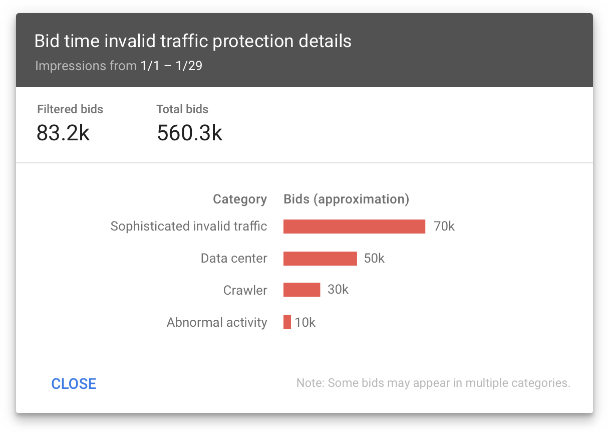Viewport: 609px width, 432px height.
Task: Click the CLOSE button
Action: (x=74, y=383)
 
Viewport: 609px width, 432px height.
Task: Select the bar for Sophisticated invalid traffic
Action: (x=354, y=227)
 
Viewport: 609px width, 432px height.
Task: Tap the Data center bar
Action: (x=320, y=259)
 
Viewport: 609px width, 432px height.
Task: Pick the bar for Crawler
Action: (x=301, y=290)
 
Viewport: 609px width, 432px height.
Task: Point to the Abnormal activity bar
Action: (x=287, y=322)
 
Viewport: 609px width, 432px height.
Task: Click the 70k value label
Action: (x=444, y=227)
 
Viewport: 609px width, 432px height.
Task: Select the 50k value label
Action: (x=374, y=259)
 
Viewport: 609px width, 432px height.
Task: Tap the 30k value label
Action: (x=338, y=290)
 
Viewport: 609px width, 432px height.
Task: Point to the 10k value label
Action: (x=305, y=322)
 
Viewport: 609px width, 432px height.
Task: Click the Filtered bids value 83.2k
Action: (x=63, y=133)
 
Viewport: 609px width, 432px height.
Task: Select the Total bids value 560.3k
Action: (x=189, y=133)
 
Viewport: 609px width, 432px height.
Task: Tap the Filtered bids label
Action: (x=70, y=109)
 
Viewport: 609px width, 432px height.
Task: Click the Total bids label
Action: (x=182, y=109)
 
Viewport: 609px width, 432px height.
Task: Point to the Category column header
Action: (x=240, y=199)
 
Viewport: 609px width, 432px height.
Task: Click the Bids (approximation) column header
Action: (x=347, y=199)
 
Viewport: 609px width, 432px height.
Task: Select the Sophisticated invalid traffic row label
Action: (x=189, y=227)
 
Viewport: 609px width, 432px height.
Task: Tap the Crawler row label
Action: (x=245, y=290)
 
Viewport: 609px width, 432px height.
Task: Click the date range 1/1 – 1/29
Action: (x=171, y=66)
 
